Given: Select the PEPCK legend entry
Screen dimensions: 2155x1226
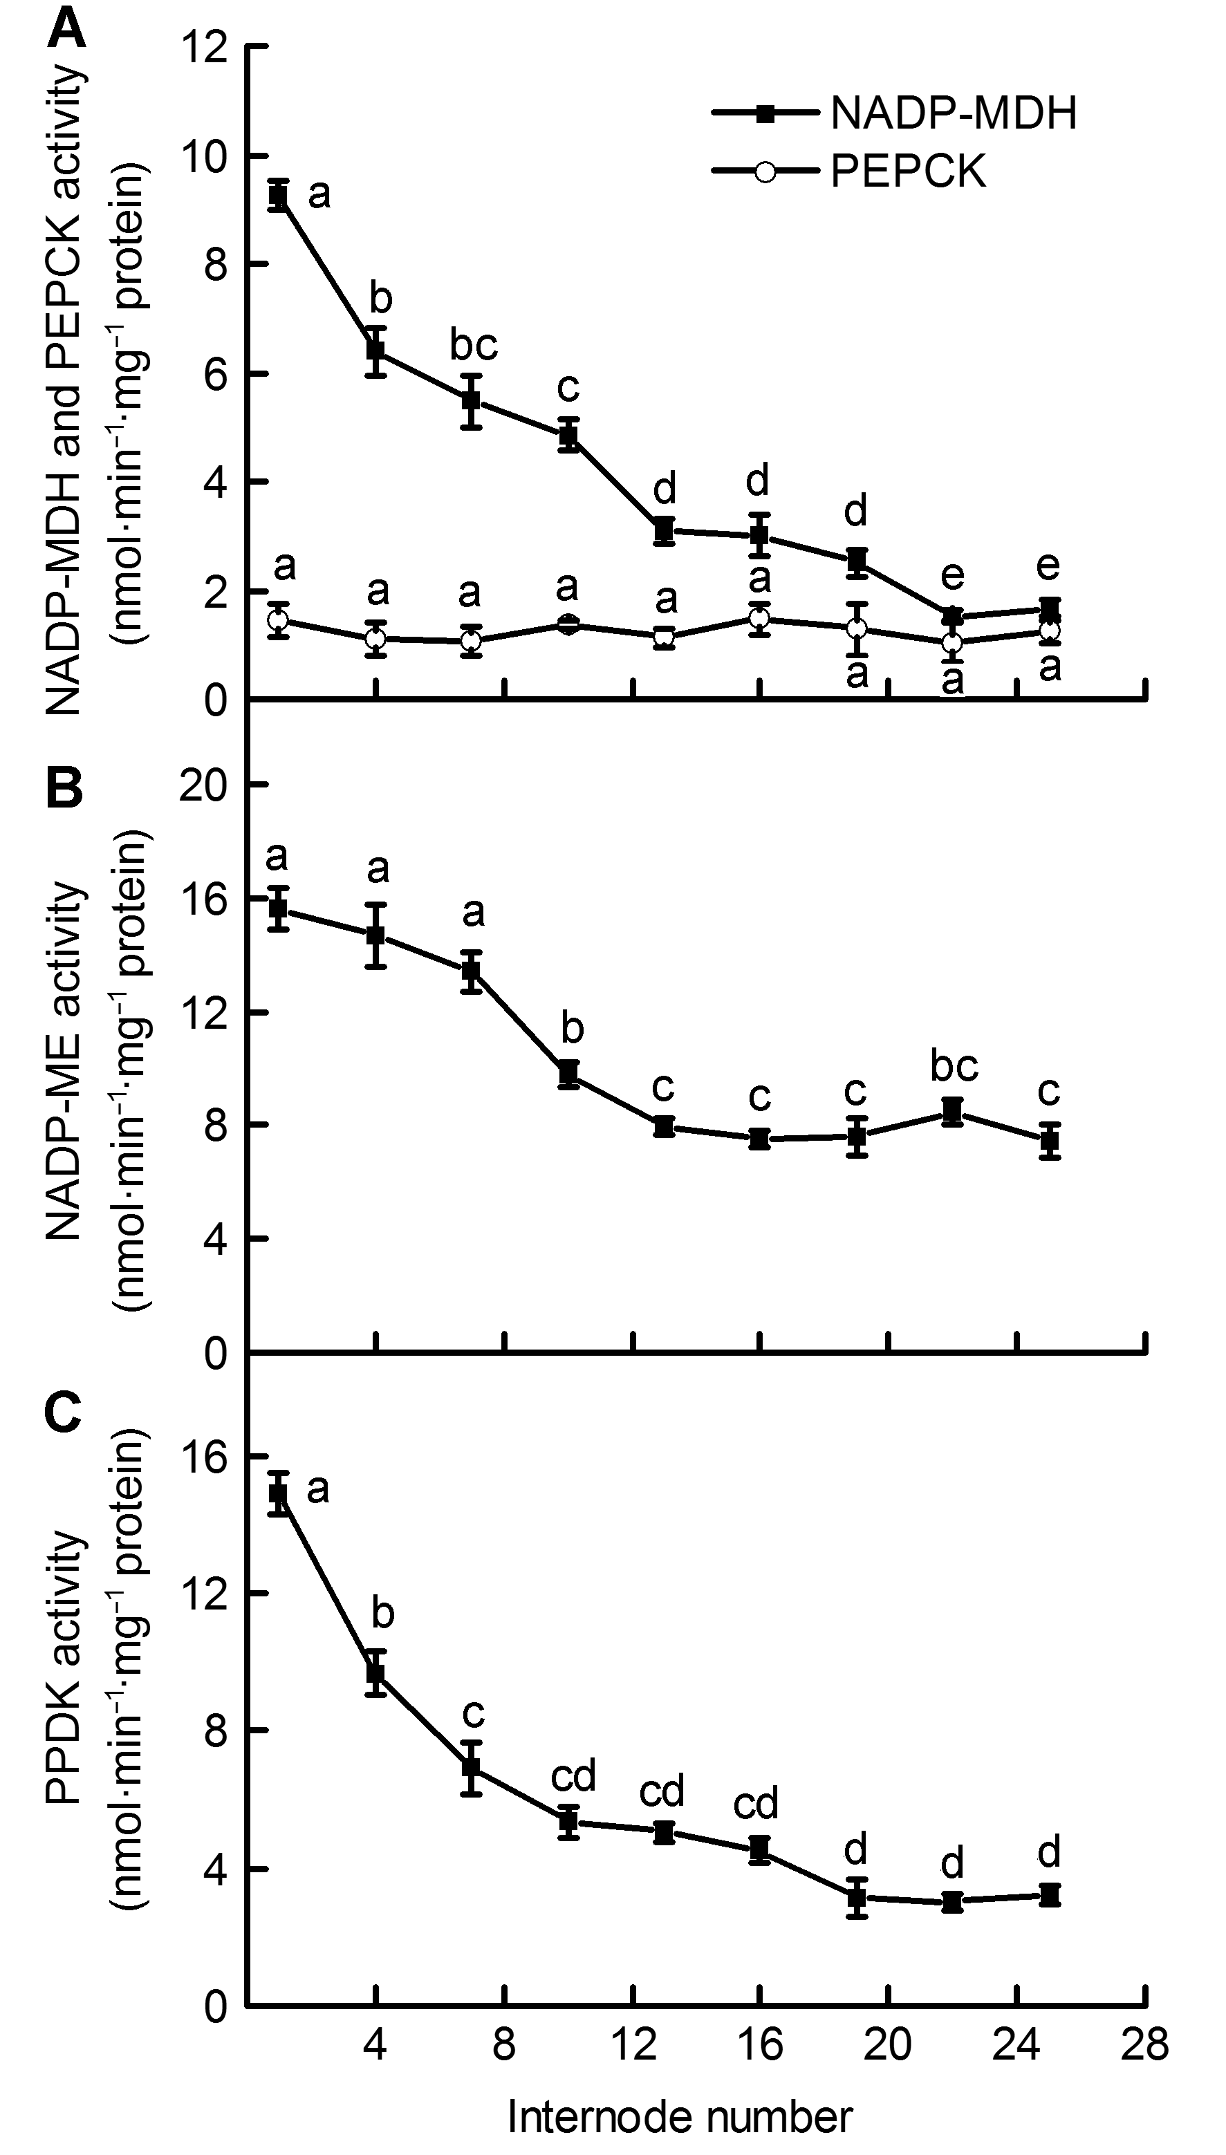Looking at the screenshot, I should click(x=851, y=171).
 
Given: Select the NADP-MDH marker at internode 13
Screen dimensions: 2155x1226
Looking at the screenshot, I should click(x=665, y=530).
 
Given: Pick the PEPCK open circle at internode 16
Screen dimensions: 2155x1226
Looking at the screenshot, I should click(x=761, y=619).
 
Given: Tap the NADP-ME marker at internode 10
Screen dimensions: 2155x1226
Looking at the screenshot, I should click(x=569, y=1073).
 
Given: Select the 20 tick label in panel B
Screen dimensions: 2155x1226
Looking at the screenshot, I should click(x=206, y=785).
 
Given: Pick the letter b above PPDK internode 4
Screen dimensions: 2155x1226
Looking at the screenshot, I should click(x=383, y=1613).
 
